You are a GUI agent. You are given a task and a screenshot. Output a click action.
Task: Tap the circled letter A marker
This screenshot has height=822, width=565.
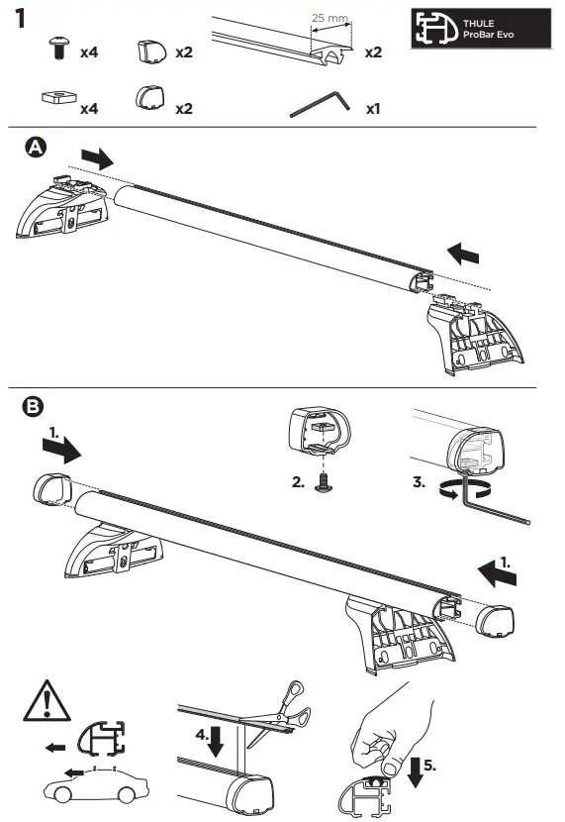pos(35,148)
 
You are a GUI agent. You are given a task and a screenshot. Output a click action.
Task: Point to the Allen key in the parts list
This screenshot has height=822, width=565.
pos(318,103)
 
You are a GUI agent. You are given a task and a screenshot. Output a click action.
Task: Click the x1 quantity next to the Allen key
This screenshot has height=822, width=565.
pos(373,108)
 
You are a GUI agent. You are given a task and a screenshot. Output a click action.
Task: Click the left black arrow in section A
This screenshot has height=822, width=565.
pos(98,156)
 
